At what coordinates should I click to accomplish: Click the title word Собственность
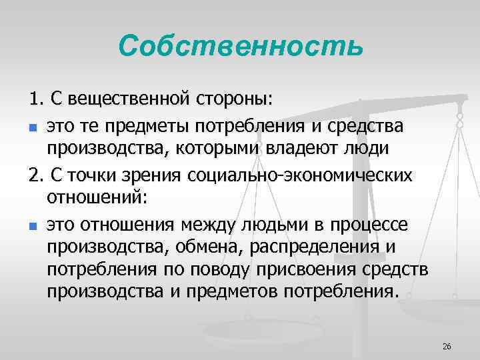241,46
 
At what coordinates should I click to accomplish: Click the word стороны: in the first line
233,100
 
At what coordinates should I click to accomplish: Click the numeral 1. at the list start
35,100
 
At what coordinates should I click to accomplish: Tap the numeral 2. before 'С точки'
35,175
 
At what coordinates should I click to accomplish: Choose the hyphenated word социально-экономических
300,175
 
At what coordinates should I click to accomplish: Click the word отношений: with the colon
95,198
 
